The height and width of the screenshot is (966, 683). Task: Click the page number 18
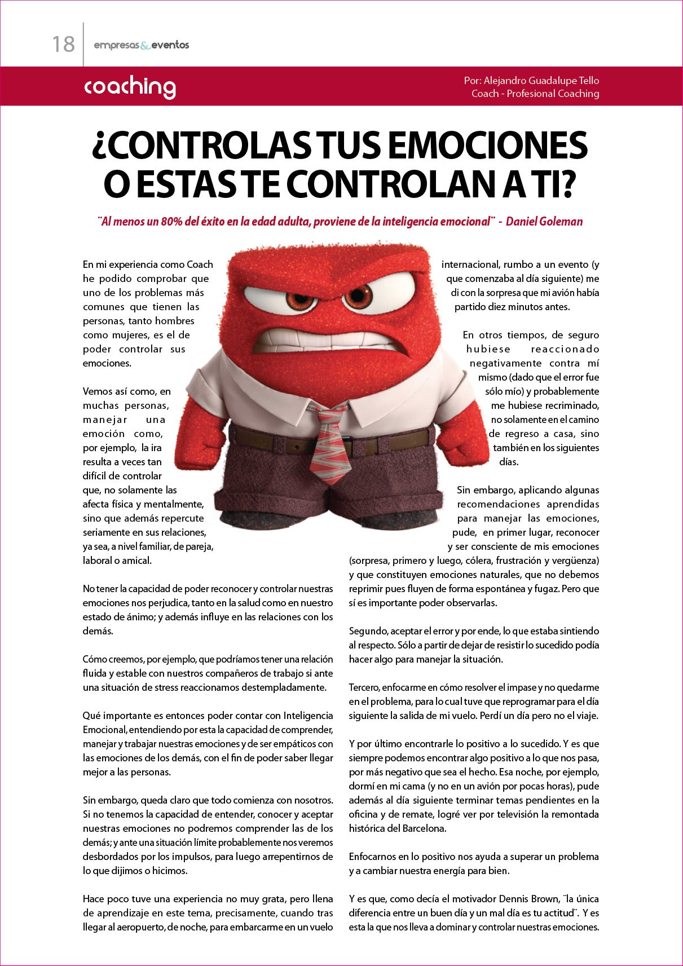(x=63, y=44)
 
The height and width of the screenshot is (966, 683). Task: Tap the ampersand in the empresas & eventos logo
(x=145, y=45)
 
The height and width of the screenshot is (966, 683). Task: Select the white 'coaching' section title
(x=130, y=87)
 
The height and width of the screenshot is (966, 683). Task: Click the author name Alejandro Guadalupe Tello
(x=541, y=81)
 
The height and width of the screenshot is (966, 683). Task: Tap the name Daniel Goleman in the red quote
(x=544, y=222)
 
